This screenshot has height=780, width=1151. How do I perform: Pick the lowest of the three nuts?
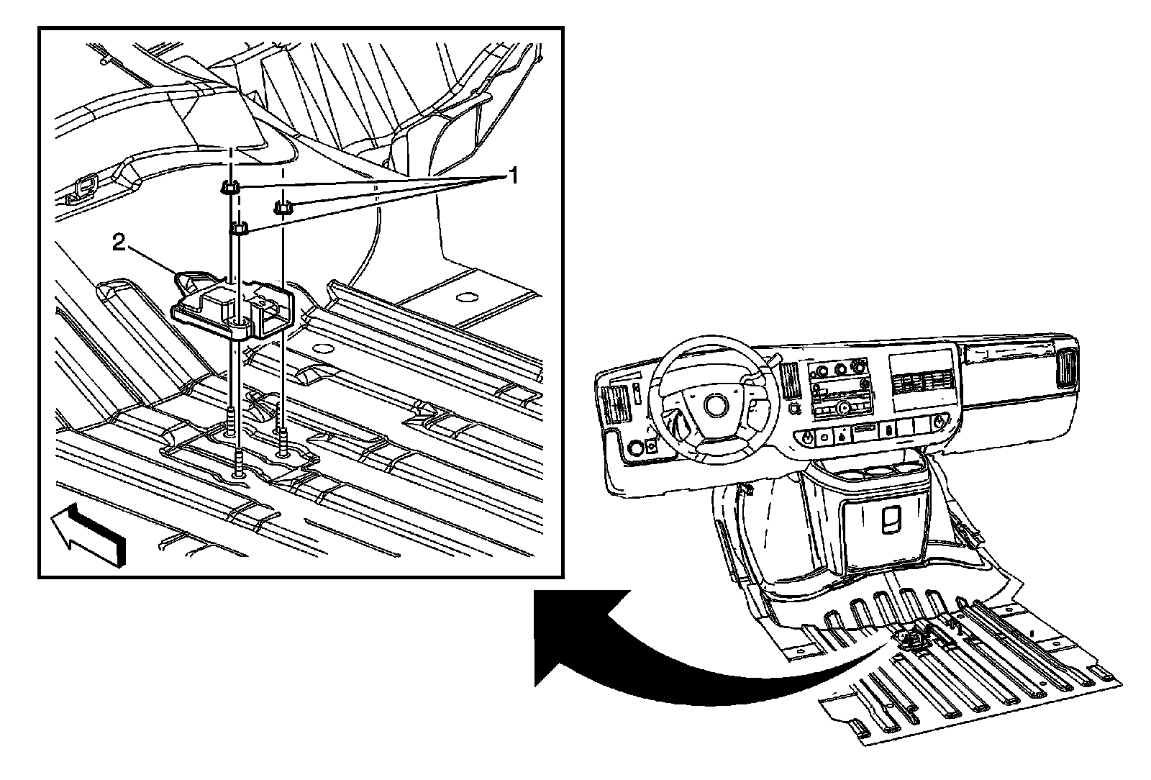pos(238,230)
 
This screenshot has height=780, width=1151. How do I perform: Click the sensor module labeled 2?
pos(230,305)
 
